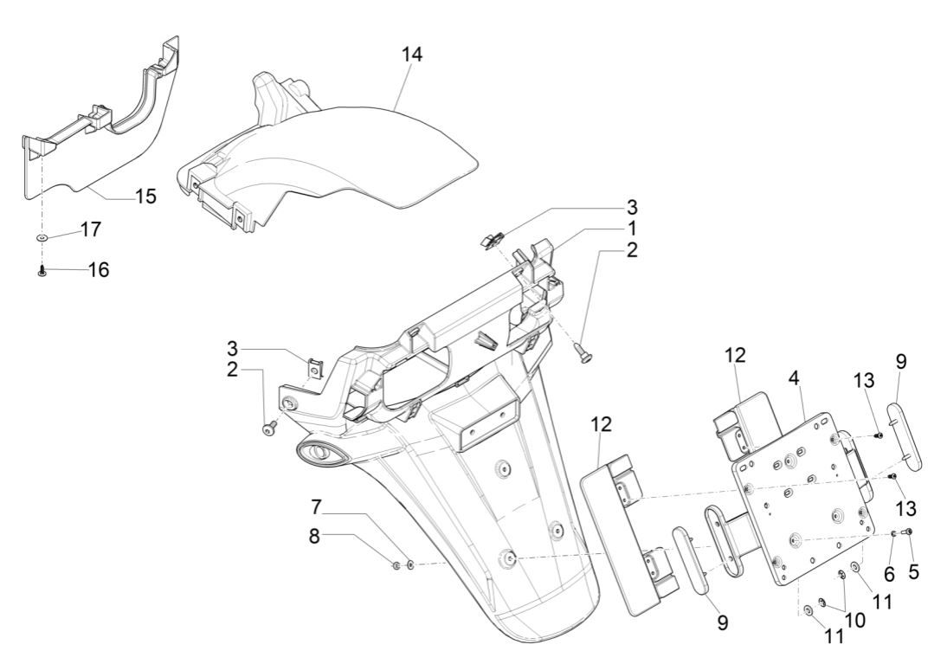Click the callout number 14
(412, 53)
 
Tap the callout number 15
(145, 197)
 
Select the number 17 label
(91, 229)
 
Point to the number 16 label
(99, 270)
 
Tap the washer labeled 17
(42, 236)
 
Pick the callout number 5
(913, 571)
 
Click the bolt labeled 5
(907, 531)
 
